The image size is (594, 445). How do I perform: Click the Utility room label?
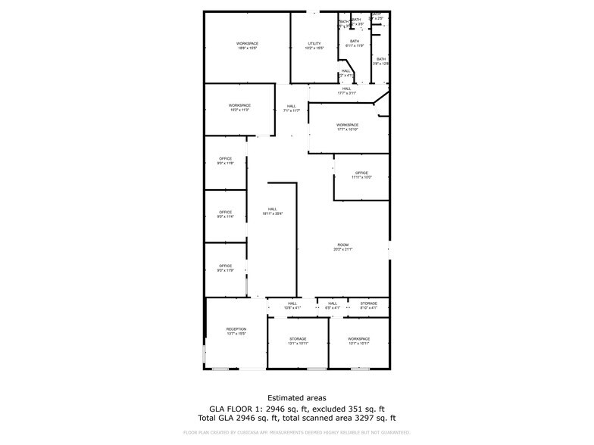[x=314, y=45]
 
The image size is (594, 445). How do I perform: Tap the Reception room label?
[x=236, y=331]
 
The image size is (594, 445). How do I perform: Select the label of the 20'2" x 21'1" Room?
[x=343, y=247]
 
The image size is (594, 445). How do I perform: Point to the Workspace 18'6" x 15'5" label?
[x=247, y=45]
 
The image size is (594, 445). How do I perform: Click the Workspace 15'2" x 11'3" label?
[x=239, y=107]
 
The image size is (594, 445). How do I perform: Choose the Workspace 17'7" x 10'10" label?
[x=348, y=127]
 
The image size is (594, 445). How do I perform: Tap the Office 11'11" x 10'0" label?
[x=361, y=175]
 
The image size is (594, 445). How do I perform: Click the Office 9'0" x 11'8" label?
[x=225, y=160]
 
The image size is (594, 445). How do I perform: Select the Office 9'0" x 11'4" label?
[x=225, y=214]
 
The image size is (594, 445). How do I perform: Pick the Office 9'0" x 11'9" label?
[x=225, y=268]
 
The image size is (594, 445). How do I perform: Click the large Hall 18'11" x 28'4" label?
[x=272, y=211]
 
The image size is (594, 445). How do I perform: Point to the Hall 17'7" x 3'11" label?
[x=346, y=91]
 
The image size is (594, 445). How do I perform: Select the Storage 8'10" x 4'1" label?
[x=368, y=305]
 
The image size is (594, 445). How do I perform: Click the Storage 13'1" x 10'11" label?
[x=298, y=341]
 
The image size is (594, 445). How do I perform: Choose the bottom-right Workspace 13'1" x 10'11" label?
[x=358, y=341]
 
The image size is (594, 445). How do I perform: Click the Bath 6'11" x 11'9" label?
[x=355, y=43]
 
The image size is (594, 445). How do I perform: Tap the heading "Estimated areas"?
[x=296, y=397]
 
